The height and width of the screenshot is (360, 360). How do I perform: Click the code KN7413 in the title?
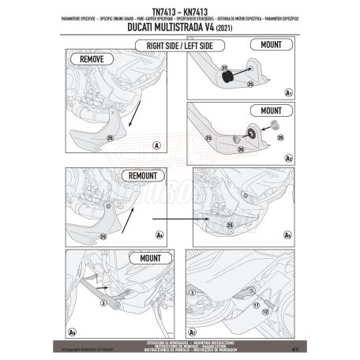[199, 12]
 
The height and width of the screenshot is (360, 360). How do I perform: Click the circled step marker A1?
[289, 92]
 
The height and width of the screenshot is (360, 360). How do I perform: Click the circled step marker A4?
[159, 234]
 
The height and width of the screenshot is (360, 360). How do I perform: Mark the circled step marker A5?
[289, 234]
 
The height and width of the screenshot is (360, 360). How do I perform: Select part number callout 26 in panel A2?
[242, 147]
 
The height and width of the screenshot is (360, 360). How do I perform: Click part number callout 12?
[264, 311]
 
